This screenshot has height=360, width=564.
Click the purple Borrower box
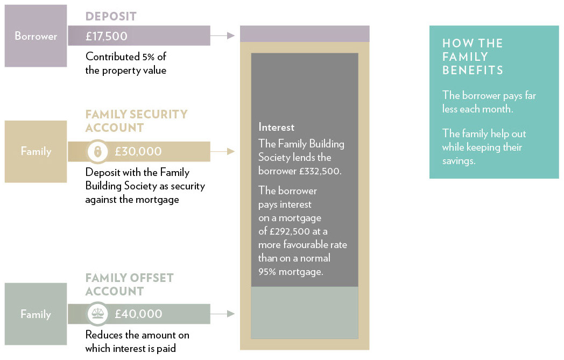tap(36, 36)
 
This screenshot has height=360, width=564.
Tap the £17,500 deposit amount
tap(107, 37)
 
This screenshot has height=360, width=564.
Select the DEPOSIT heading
tap(111, 17)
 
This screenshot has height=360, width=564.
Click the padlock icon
tap(97, 151)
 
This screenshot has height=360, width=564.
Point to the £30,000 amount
tap(138, 151)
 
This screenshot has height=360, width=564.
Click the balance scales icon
tap(97, 314)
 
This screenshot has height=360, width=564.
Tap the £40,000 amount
tap(138, 314)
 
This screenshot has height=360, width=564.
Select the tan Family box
tap(36, 151)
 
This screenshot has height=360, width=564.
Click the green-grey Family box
tap(36, 314)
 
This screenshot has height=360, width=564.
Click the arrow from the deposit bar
tap(223, 36)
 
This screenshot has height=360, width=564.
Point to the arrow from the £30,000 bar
tap(223, 151)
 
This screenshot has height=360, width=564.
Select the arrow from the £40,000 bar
tap(223, 314)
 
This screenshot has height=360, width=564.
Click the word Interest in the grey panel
tap(276, 128)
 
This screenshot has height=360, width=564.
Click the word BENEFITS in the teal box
tap(473, 70)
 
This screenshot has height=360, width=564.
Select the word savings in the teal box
tap(459, 161)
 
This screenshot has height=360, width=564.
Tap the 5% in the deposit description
tap(148, 57)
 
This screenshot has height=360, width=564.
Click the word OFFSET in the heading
tap(152, 278)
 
